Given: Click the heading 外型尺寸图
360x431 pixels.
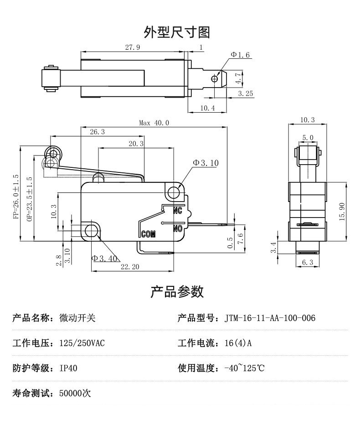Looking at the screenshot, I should coord(177,32).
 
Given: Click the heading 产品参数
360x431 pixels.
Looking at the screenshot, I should coord(177,291).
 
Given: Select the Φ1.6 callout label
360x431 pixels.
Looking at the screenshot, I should coord(241,55).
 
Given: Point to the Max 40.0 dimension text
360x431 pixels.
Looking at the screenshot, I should coord(154,123).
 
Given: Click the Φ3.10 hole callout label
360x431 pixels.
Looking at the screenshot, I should coord(206,163).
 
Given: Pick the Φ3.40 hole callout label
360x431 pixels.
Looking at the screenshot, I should coord(105,259).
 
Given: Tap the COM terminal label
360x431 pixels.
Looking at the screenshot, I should coord(149,234).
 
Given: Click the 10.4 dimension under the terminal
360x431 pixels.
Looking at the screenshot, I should coord(207,108).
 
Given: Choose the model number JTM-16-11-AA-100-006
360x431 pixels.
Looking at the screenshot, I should coord(270,318).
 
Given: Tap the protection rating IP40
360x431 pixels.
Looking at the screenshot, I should coord(68,368).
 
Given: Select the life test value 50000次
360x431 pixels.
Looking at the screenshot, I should coord(75,393).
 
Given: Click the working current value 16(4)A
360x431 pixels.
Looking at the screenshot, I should coord(238,343).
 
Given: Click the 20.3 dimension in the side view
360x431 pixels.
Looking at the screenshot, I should coord(136,143).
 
